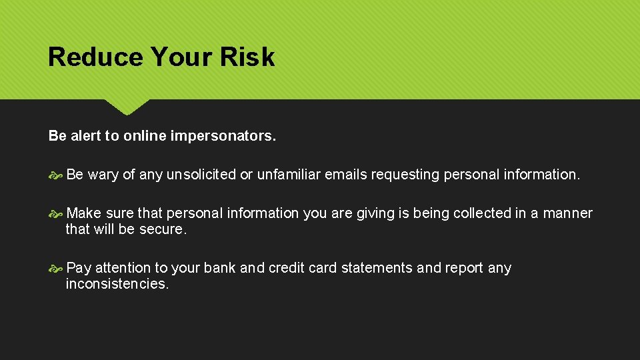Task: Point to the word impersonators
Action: [x=223, y=136]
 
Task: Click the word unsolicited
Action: [x=201, y=175]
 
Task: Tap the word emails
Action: [x=345, y=175]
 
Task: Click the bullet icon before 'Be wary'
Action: [x=55, y=175]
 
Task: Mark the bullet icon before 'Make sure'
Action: [x=55, y=213]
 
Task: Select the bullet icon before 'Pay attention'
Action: [x=55, y=268]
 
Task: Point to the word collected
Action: [x=479, y=213]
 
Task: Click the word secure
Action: [x=164, y=229]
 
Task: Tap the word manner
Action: [x=567, y=213]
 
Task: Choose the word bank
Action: [x=219, y=268]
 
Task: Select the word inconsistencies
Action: [x=117, y=284]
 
